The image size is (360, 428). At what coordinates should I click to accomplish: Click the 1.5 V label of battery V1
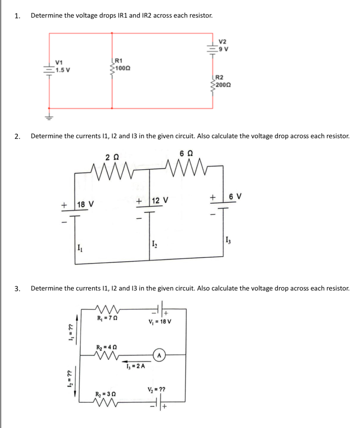63,70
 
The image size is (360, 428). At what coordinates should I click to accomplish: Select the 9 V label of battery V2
224,49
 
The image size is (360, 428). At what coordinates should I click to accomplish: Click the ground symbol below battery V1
49,117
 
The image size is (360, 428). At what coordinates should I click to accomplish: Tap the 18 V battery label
85,204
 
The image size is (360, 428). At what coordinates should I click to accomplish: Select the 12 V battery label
160,200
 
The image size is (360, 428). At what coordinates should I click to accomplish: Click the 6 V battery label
235,197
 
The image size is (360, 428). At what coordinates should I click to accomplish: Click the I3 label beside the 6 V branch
228,241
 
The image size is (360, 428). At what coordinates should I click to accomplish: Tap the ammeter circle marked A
159,355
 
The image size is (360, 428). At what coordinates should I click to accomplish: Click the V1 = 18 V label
160,322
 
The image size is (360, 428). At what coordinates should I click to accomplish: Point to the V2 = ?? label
156,389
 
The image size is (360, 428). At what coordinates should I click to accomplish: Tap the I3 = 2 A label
135,366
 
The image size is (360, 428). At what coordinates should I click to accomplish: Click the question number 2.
17,136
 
